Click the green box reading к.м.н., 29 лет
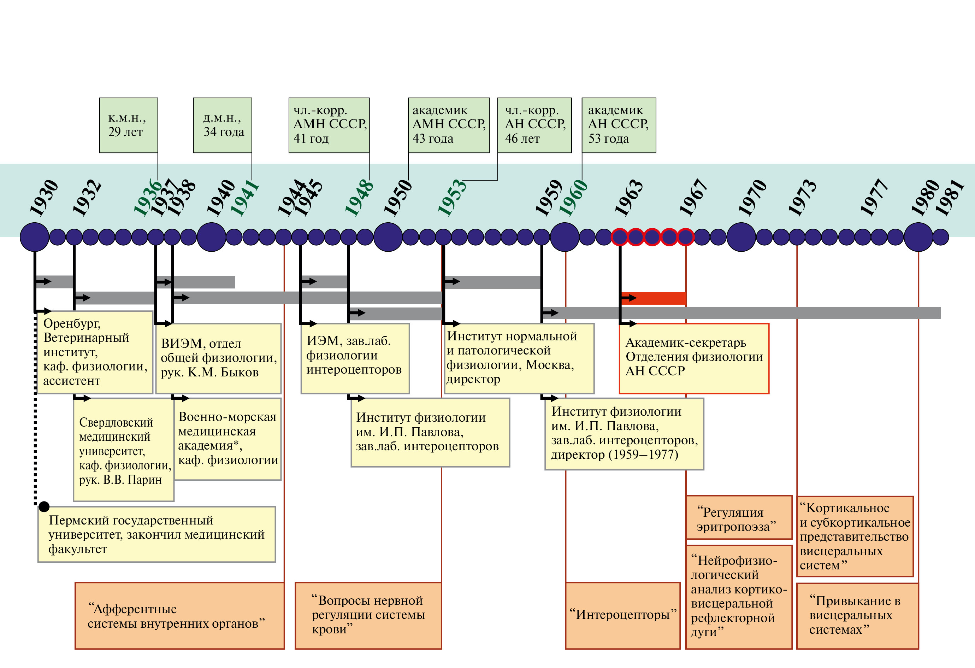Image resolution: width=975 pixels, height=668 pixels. (x=128, y=125)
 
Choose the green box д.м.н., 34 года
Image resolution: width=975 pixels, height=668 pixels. (x=222, y=125)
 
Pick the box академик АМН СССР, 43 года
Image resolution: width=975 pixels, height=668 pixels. (x=449, y=125)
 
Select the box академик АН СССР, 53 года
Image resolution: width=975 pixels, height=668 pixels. (x=619, y=125)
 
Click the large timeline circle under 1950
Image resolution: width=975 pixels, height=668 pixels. (x=388, y=237)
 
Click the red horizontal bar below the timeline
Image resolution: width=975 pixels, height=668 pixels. (x=653, y=298)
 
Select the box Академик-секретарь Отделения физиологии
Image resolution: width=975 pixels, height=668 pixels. (x=694, y=358)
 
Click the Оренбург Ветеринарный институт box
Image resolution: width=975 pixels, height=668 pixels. (x=95, y=352)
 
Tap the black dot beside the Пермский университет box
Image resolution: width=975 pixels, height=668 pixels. (x=44, y=507)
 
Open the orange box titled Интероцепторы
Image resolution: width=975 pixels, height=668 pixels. (x=622, y=615)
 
